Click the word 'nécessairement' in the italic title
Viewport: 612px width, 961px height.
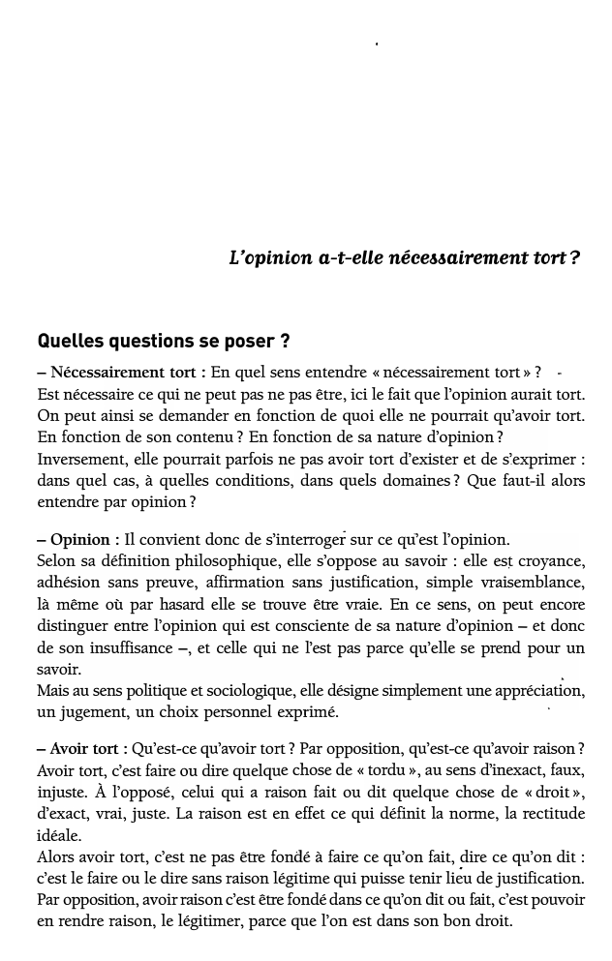pyautogui.click(x=449, y=258)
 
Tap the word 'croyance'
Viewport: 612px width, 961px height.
pyautogui.click(x=548, y=561)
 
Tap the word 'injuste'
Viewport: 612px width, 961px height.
pyautogui.click(x=62, y=793)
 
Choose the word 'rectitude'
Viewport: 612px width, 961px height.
pyautogui.click(x=548, y=814)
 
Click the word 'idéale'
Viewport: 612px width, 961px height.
pyautogui.click(x=58, y=835)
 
